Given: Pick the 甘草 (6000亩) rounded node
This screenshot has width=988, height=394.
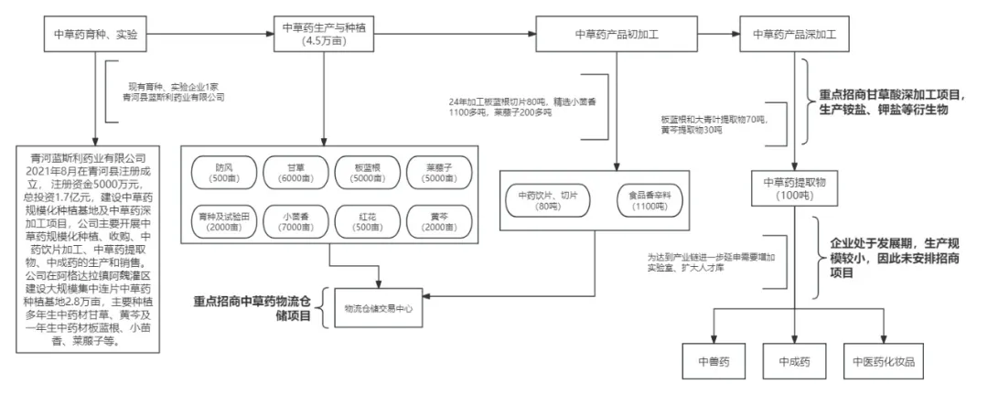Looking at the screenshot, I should pos(295,172).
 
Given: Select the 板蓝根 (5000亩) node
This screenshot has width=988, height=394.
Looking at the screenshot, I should pos(366,172).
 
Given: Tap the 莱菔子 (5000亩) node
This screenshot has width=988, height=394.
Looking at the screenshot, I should pos(438,172).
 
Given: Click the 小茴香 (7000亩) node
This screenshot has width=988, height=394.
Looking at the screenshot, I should pos(295,221).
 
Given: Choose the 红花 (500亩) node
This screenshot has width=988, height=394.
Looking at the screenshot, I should pos(366,221).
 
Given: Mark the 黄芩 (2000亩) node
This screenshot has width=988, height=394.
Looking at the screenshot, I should pos(438,221).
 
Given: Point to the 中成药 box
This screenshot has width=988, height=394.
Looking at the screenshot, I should pos(795,360).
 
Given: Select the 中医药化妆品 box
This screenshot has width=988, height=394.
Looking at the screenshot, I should pos(883,360).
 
